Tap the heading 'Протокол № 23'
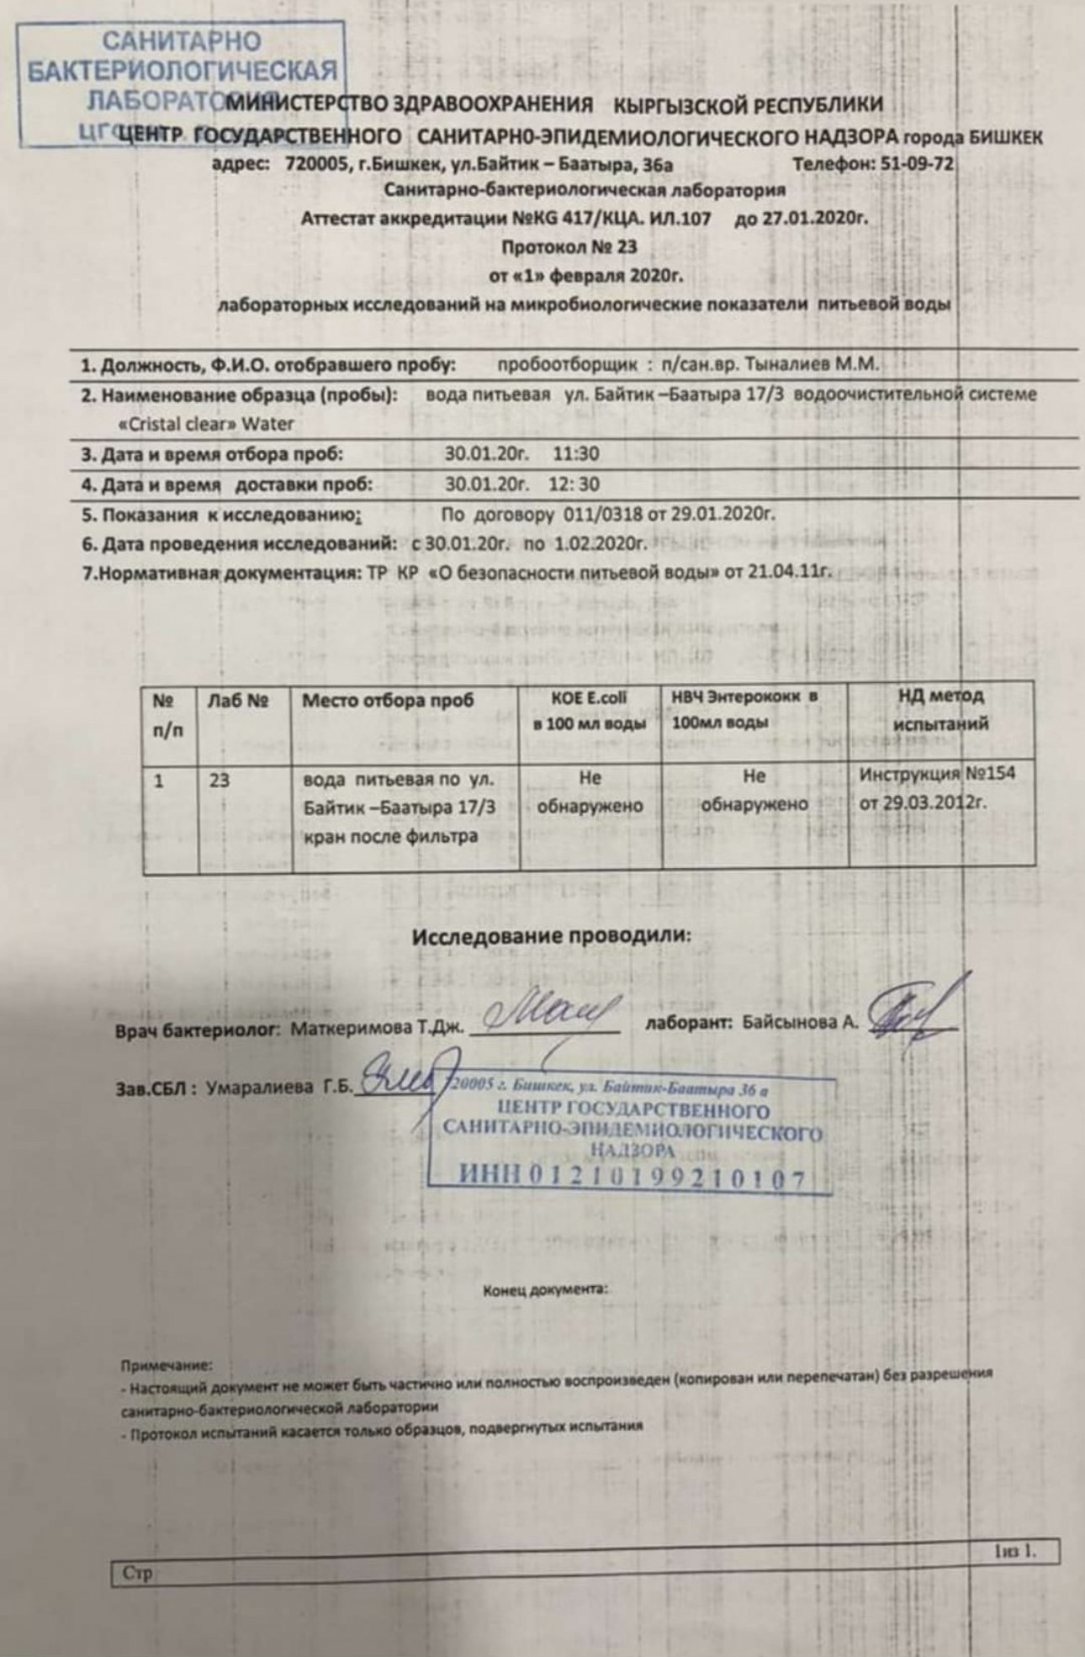pyautogui.click(x=569, y=247)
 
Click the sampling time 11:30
pyautogui.click(x=576, y=454)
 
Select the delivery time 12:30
pyautogui.click(x=574, y=484)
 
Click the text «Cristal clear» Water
pyautogui.click(x=206, y=423)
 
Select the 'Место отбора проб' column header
pyautogui.click(x=388, y=700)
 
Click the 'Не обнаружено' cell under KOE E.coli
pyautogui.click(x=590, y=791)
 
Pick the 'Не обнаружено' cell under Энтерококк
pyautogui.click(x=754, y=791)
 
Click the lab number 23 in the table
pyautogui.click(x=219, y=780)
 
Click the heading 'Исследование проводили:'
pyautogui.click(x=550, y=935)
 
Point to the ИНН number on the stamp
pyautogui.click(x=631, y=1178)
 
